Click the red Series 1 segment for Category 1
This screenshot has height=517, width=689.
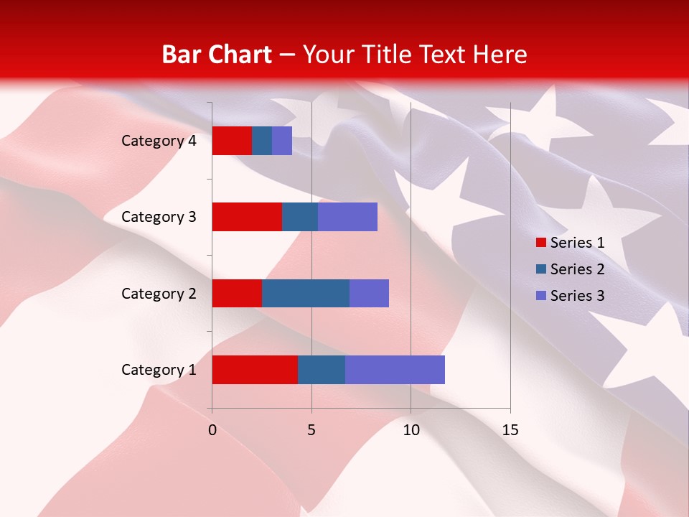(255, 370)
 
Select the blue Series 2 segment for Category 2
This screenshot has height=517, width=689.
(306, 293)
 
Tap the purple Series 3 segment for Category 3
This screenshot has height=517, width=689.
(347, 217)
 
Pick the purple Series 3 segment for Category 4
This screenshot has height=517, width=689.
(282, 141)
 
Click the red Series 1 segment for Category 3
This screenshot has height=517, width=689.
(247, 217)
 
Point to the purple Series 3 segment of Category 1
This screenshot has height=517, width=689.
(395, 370)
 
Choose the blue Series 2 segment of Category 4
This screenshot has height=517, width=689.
(262, 141)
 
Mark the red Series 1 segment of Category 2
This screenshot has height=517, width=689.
(237, 293)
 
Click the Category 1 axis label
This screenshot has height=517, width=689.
(159, 370)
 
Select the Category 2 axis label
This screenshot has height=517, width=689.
(159, 293)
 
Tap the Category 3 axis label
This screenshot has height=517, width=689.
(159, 217)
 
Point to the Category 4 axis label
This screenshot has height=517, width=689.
(159, 141)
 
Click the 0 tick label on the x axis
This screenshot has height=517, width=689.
(212, 430)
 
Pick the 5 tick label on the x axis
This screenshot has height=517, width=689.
(311, 430)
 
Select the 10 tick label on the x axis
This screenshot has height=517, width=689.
(411, 430)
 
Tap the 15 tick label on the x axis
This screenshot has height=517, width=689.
(510, 430)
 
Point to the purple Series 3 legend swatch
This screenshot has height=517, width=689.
(540, 296)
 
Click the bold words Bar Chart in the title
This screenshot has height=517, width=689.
(216, 55)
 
